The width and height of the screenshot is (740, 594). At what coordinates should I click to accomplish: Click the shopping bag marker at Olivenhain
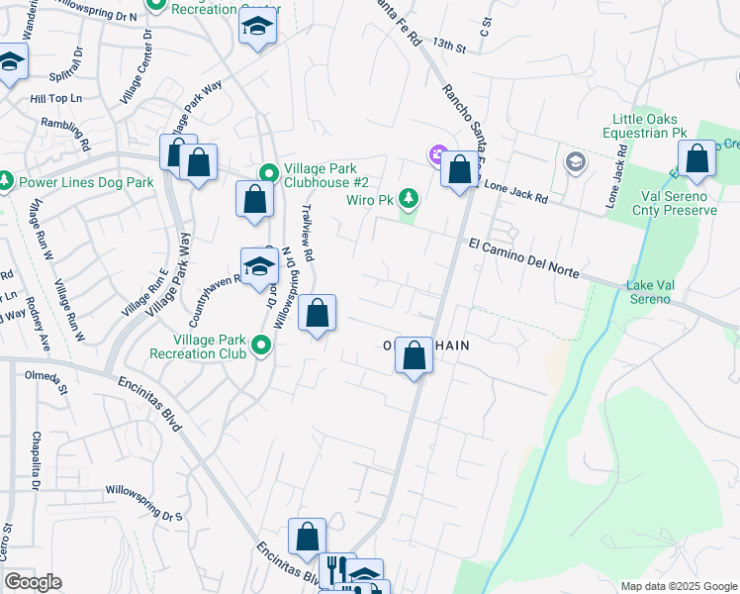(x=414, y=354)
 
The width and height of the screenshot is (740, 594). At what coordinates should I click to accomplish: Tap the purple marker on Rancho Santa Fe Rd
(x=437, y=154)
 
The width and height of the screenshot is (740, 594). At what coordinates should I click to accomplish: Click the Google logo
(x=33, y=582)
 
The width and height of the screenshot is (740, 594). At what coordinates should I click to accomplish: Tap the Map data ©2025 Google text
(x=678, y=586)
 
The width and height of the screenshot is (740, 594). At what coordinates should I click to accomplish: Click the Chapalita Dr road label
(x=35, y=460)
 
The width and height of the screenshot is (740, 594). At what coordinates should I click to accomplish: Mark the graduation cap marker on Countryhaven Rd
(x=258, y=267)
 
